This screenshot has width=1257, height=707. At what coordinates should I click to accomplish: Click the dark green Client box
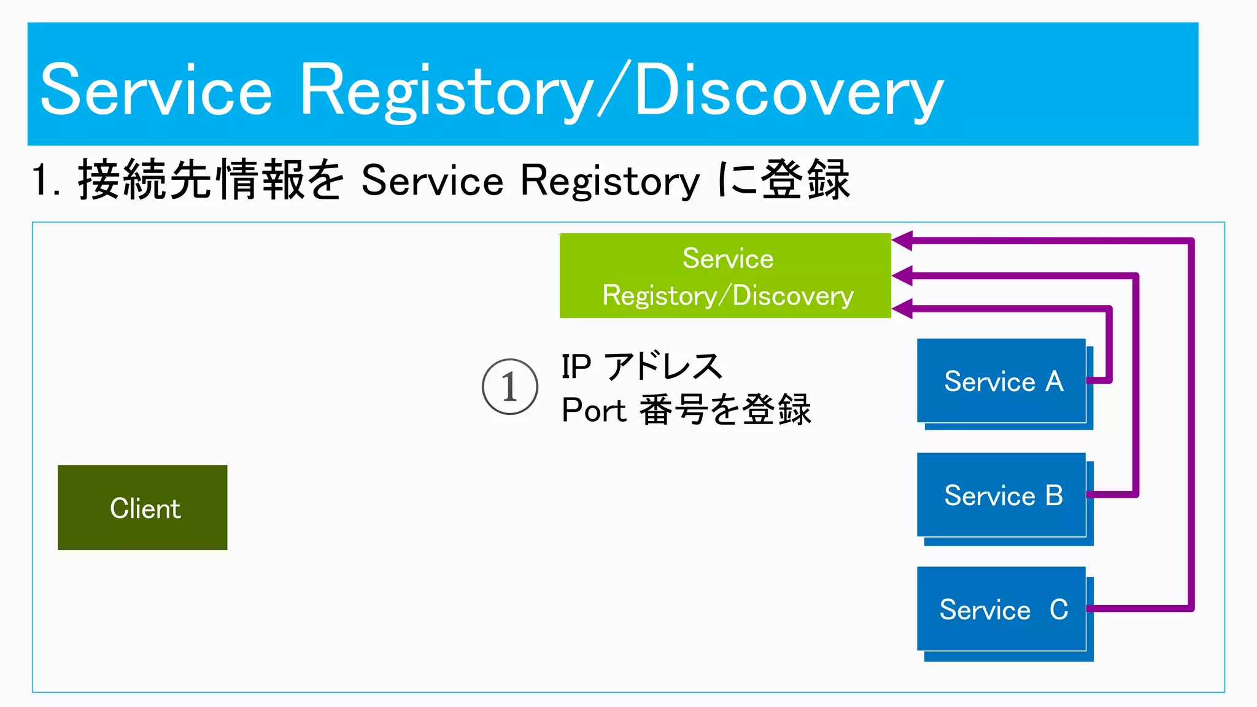tap(142, 508)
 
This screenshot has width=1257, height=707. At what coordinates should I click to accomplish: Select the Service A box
tap(1001, 381)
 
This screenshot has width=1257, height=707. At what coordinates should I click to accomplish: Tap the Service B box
tap(1001, 495)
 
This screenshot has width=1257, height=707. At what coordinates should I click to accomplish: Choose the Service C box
tap(1001, 609)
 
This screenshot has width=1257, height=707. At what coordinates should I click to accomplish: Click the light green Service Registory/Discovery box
tap(725, 276)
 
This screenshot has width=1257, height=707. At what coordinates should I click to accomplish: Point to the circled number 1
tap(509, 387)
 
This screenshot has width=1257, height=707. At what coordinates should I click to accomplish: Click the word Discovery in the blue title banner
tap(789, 91)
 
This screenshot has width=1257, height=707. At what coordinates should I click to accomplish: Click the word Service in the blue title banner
tap(156, 91)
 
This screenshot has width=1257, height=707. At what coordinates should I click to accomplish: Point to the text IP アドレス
tap(641, 367)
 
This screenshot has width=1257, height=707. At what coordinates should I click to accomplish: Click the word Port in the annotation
tap(594, 410)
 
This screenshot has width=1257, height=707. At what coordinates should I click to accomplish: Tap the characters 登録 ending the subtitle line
tap(805, 180)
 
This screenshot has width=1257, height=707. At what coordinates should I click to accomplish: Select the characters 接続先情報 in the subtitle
tap(190, 180)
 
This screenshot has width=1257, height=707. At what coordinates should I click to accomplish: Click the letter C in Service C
tap(1059, 609)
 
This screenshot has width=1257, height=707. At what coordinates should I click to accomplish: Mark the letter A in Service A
tap(1054, 382)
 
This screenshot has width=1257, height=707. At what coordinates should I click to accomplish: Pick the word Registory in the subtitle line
tap(610, 181)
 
